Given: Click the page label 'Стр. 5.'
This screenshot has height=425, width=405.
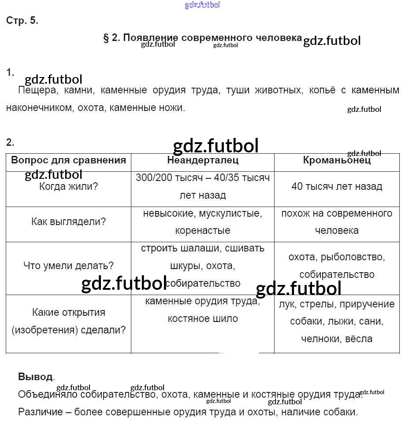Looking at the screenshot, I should [22, 21].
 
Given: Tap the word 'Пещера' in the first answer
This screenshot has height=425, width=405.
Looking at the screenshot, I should [35, 91].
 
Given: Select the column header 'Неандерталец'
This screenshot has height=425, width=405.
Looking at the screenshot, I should [203, 160].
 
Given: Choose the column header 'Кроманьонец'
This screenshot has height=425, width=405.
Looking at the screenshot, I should [337, 160].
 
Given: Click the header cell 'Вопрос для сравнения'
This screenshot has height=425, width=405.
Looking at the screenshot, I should [68, 160].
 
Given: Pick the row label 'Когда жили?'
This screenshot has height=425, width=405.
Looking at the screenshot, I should [68, 186].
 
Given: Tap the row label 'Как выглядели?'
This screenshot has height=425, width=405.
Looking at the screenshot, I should [68, 222].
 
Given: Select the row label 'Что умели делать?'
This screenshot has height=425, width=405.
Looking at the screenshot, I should [68, 266].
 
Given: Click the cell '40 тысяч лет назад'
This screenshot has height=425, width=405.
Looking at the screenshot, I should [337, 186].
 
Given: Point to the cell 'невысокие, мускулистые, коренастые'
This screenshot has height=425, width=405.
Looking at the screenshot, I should [203, 222].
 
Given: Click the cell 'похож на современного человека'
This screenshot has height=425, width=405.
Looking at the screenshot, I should [337, 222].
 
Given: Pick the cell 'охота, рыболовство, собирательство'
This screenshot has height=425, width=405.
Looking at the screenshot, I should [337, 266].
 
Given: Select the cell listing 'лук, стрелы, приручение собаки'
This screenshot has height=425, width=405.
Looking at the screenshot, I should [337, 322].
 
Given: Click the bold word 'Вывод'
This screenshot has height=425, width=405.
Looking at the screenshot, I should [35, 377].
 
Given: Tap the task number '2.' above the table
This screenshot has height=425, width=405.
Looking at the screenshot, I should [10, 142].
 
